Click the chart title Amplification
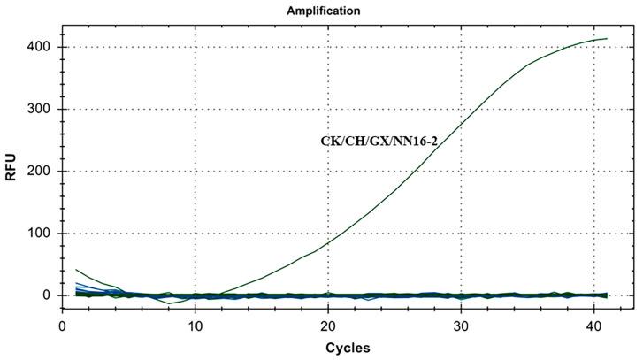pyautogui.click(x=323, y=11)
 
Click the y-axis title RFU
pyautogui.click(x=11, y=171)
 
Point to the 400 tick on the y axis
pyautogui.click(x=38, y=47)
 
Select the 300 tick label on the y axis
pyautogui.click(x=38, y=110)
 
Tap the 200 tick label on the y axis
pyautogui.click(x=38, y=172)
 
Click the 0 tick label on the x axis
pyautogui.click(x=62, y=325)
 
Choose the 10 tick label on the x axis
pyautogui.click(x=195, y=325)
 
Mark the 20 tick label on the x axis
pyautogui.click(x=328, y=325)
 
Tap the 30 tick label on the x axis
pyautogui.click(x=461, y=325)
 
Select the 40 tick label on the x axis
pyautogui.click(x=593, y=325)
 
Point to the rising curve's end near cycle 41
pyautogui.click(x=607, y=38)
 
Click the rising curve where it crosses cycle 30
pyautogui.click(x=461, y=125)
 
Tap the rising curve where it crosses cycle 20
pyautogui.click(x=328, y=242)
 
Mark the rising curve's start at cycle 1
pyautogui.click(x=76, y=270)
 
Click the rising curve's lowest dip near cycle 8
pyautogui.click(x=169, y=303)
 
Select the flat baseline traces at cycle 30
pyautogui.click(x=461, y=295)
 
